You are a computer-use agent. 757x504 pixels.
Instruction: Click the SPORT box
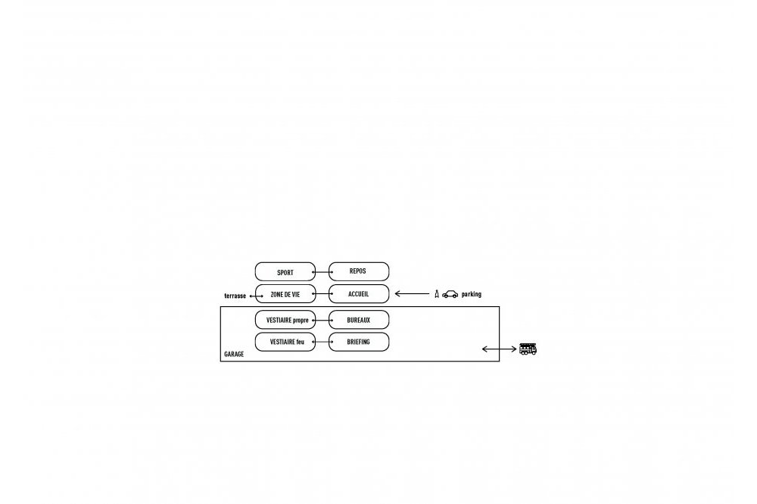(285, 271)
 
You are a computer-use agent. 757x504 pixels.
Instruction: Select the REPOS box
(359, 271)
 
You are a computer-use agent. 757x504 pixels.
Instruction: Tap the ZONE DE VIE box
(285, 294)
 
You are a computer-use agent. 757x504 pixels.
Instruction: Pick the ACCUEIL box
(359, 294)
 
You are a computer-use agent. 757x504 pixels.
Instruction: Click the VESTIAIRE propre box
(285, 320)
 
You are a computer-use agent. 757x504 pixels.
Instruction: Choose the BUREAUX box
(359, 320)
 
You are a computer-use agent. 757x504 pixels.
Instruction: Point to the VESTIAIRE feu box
(285, 342)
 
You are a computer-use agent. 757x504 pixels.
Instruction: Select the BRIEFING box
(359, 342)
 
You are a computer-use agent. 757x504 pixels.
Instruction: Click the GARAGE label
(234, 354)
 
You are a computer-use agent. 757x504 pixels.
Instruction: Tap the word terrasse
(235, 296)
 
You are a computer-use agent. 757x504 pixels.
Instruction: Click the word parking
(471, 294)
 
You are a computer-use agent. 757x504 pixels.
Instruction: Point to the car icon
(450, 294)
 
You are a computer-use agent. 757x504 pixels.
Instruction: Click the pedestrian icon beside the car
(437, 294)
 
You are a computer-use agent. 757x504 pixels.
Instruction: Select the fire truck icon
(528, 349)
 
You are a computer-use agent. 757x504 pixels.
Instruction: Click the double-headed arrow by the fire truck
(499, 349)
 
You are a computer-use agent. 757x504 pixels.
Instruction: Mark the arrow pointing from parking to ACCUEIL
(412, 293)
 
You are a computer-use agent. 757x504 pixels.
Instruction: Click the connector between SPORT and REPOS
(322, 272)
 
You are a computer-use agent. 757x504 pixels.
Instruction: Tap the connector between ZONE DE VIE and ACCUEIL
(322, 294)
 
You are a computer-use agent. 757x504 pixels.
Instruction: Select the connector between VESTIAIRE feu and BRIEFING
(322, 342)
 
